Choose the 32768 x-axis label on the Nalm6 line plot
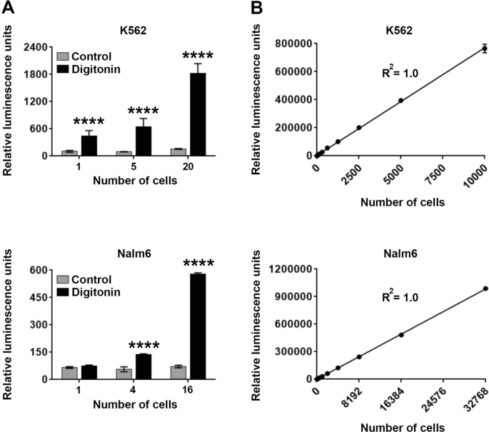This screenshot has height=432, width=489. (x=474, y=401)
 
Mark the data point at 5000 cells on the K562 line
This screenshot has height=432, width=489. (x=401, y=101)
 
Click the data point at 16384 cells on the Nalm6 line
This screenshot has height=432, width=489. (x=401, y=335)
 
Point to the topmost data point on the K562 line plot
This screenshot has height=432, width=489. (x=485, y=49)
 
